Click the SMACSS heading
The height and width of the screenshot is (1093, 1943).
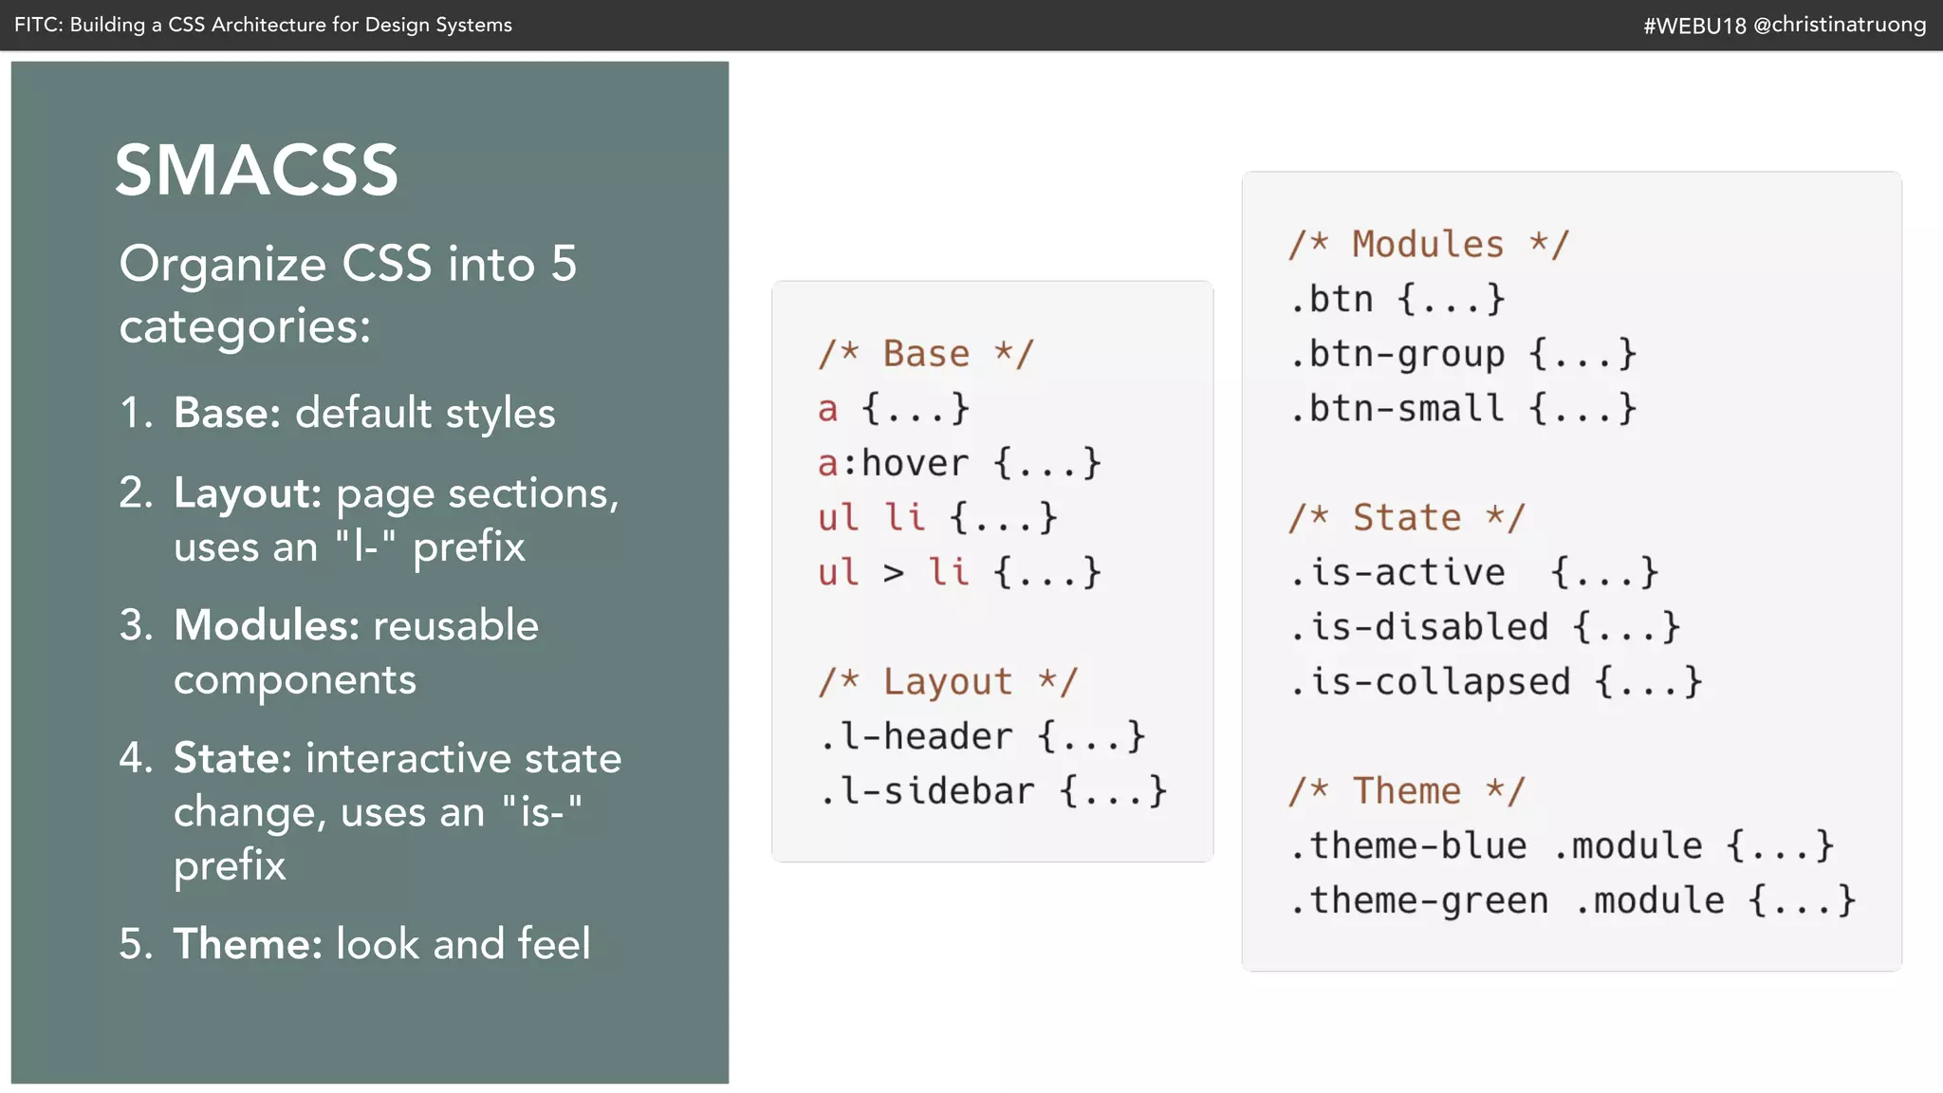click(x=256, y=171)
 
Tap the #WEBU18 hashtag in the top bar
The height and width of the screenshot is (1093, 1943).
click(x=1694, y=26)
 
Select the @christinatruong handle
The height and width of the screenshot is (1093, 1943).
click(x=1840, y=26)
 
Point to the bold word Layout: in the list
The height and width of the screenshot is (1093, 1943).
click(x=248, y=494)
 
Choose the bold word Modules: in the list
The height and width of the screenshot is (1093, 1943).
click(x=267, y=626)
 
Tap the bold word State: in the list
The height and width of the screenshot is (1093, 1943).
click(x=232, y=759)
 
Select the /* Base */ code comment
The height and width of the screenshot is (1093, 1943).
click(x=925, y=354)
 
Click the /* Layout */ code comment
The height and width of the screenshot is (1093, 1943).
click(x=947, y=681)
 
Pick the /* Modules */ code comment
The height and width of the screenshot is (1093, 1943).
click(x=1428, y=245)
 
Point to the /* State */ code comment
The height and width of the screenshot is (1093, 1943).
click(x=1406, y=518)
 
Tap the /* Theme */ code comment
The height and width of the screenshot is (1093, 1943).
click(x=1406, y=791)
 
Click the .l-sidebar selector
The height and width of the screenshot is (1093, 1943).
click(x=926, y=791)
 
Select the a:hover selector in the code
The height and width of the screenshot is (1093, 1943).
click(x=893, y=464)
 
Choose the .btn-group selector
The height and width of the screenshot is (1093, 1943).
click(x=1397, y=355)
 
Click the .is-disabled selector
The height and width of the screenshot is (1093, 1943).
click(x=1418, y=627)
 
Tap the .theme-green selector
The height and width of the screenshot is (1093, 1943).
click(x=1418, y=900)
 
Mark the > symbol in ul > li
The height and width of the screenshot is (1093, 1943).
click(x=894, y=573)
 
